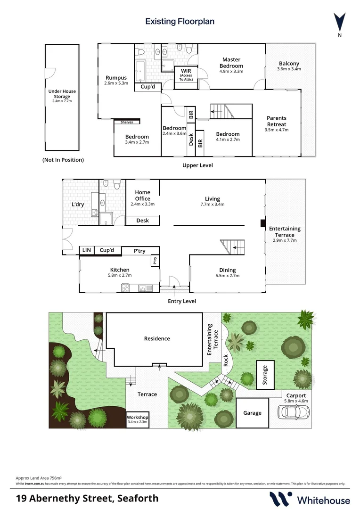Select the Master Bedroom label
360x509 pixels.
click(231, 63)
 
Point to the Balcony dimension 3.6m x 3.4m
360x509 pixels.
click(289, 69)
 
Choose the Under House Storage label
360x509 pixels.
click(62, 94)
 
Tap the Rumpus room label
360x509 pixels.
click(116, 80)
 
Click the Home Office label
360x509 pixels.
click(143, 198)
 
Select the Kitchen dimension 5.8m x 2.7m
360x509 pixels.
click(120, 276)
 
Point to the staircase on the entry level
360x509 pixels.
click(232, 246)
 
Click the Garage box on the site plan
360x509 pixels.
click(252, 413)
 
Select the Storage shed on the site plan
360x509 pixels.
click(265, 375)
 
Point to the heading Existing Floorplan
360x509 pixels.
click(180, 21)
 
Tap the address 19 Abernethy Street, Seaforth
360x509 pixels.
click(87, 499)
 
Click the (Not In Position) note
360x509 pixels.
click(63, 160)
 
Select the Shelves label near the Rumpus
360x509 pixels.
click(127, 122)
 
